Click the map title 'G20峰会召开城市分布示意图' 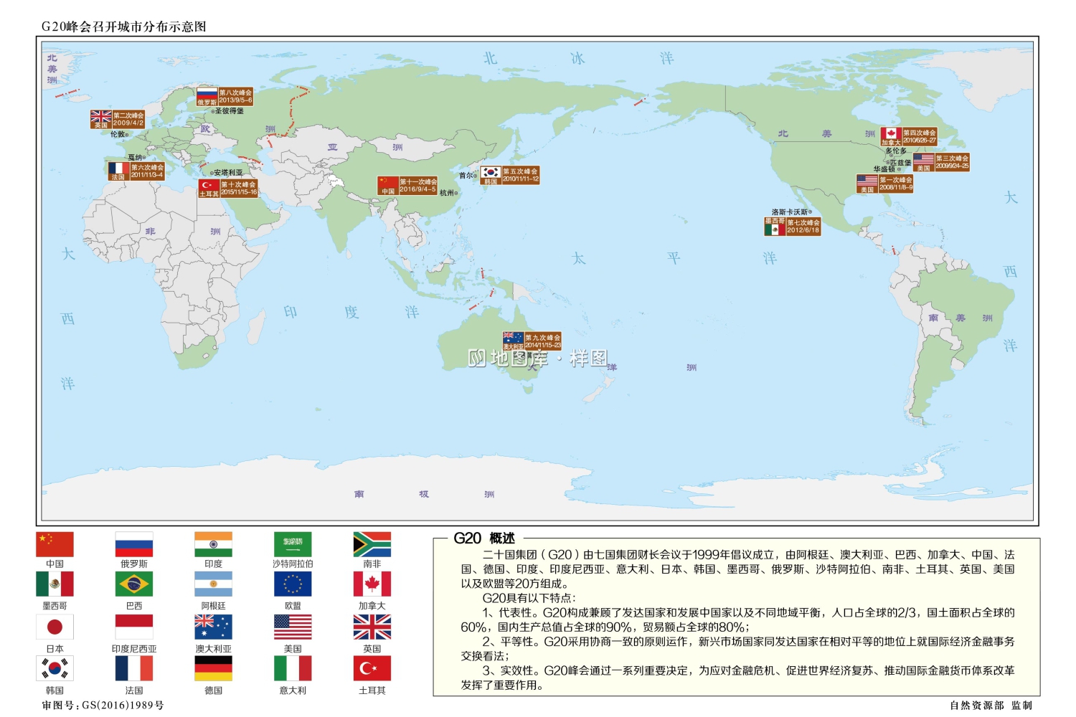(123, 27)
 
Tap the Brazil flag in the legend (133, 584)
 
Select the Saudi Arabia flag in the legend (293, 543)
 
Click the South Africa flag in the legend (372, 543)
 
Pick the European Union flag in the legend (293, 584)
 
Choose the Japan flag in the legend (55, 627)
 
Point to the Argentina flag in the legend (213, 584)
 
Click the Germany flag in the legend (213, 668)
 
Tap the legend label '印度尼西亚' (133, 649)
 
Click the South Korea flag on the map (491, 172)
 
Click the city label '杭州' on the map (448, 193)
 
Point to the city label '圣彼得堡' (230, 111)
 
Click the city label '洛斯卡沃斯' (791, 212)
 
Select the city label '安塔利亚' (227, 173)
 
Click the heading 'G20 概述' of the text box (484, 538)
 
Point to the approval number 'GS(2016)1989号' (123, 706)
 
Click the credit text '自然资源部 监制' (991, 706)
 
